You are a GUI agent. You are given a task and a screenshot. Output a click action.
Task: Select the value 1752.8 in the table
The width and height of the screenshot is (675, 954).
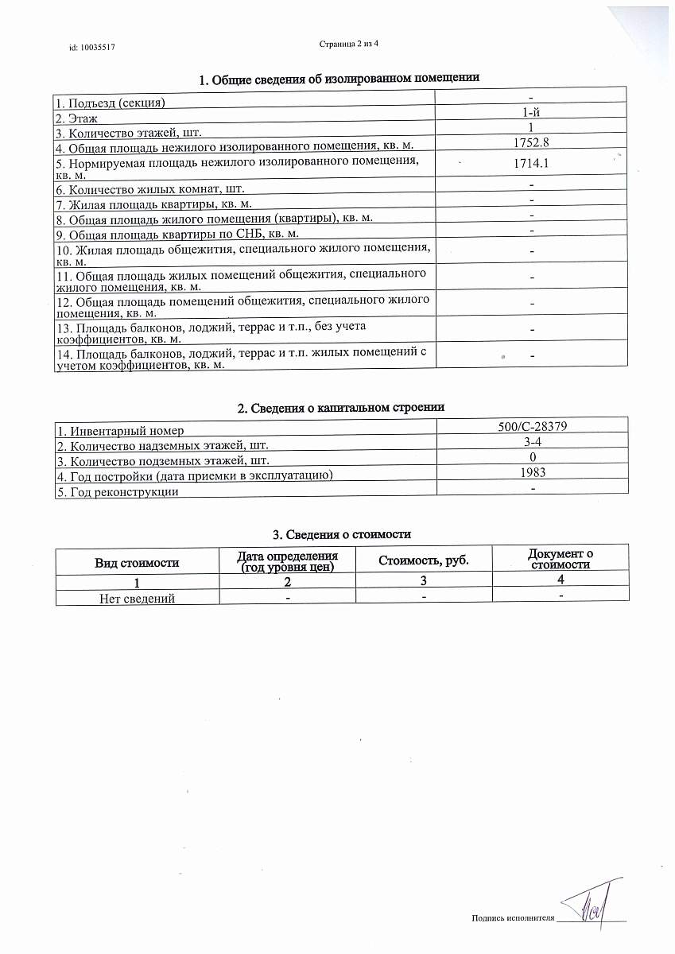(531, 142)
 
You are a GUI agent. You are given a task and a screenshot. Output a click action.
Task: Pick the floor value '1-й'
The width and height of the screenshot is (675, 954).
(531, 113)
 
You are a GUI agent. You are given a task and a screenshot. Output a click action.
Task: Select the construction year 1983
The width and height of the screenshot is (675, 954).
(531, 472)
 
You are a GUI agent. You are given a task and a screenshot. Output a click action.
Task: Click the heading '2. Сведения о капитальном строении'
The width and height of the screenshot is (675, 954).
(340, 407)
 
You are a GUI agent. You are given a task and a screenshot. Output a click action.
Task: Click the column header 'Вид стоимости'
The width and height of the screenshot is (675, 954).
(137, 562)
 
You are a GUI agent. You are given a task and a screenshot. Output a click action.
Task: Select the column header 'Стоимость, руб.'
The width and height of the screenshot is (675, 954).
(423, 560)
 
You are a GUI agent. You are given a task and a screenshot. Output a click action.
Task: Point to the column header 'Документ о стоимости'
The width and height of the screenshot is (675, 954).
(561, 559)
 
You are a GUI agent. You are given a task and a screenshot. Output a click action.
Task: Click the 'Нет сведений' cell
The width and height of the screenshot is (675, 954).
(137, 598)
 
